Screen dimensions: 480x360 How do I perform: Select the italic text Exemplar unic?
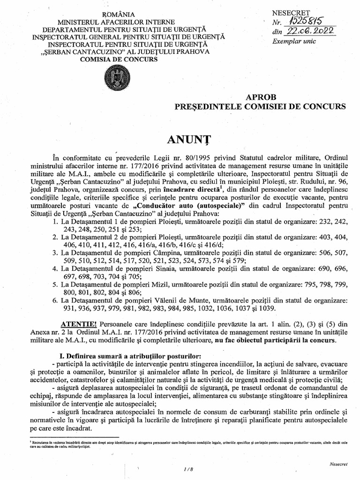pos(294,42)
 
